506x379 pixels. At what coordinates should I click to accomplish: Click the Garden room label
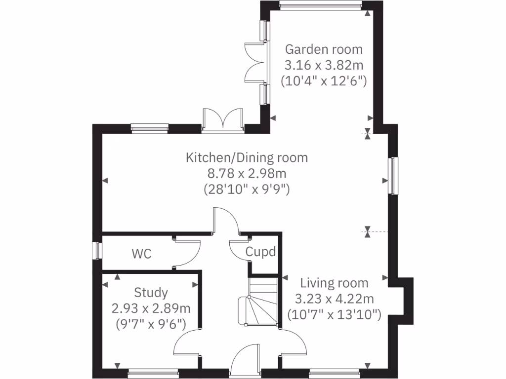point(324,49)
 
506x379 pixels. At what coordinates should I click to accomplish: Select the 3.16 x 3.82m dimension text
point(324,65)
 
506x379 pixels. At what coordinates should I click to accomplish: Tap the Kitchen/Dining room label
point(247,157)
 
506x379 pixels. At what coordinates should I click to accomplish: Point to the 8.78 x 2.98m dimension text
point(247,173)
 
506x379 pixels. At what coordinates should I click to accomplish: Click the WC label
point(141,254)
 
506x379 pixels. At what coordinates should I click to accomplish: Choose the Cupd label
point(260,252)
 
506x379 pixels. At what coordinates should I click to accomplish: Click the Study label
point(151,293)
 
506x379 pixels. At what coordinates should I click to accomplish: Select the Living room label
point(335,283)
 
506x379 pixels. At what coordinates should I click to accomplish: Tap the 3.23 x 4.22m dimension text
point(335,299)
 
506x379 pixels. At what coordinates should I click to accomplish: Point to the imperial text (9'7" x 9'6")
point(151,324)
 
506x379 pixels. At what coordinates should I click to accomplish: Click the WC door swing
point(188,252)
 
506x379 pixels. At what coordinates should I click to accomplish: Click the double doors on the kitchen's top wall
point(223,120)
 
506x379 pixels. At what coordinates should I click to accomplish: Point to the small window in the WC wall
point(97,250)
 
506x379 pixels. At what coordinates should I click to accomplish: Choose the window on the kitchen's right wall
point(394,176)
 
